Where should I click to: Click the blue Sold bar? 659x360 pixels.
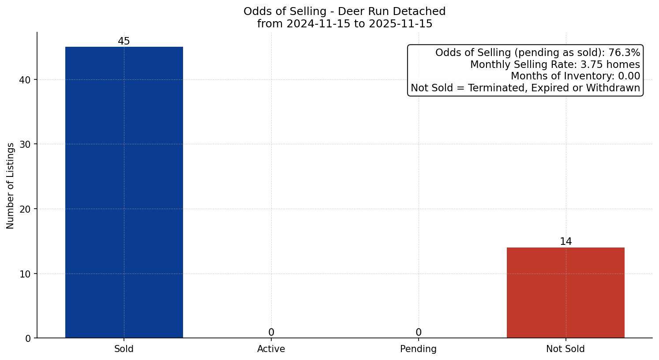pos(124,192)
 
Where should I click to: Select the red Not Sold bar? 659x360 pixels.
pos(565,292)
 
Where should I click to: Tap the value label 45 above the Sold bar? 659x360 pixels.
pos(124,41)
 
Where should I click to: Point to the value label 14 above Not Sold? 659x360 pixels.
pos(565,242)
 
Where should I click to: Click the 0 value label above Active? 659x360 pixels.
pos(271,333)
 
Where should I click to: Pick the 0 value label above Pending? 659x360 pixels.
pos(418,333)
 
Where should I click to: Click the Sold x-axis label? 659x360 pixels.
pos(124,349)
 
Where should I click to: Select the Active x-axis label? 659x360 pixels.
pos(271,349)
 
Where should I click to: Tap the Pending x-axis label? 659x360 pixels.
pos(418,349)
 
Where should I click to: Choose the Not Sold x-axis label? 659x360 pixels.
pos(565,349)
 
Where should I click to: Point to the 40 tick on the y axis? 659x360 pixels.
pos(26,80)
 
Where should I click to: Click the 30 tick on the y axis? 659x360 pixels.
pos(26,144)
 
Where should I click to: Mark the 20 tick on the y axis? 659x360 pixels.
pos(26,209)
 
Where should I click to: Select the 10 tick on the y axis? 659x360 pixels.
pos(26,274)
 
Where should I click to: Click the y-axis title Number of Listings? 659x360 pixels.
pos(11,185)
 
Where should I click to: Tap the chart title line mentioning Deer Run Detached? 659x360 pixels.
pos(344,11)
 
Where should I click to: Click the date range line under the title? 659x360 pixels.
pos(344,24)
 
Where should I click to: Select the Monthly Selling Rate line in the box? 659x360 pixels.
pos(555,65)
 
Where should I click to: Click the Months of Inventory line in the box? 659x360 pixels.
pos(575,76)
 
